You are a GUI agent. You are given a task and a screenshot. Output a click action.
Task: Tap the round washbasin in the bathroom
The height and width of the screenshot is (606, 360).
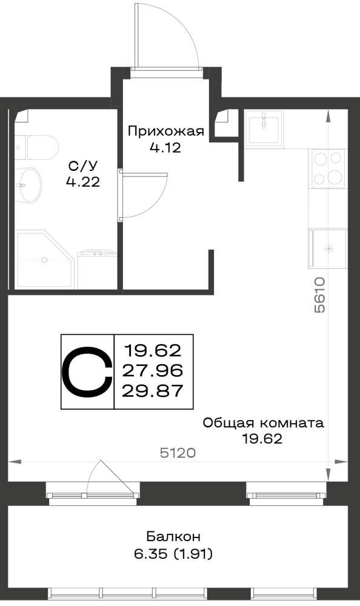[x=28, y=185]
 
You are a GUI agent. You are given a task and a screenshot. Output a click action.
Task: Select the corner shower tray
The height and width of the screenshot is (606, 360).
[x=44, y=259]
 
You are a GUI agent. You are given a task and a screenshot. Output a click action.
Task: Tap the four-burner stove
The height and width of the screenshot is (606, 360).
[x=328, y=168]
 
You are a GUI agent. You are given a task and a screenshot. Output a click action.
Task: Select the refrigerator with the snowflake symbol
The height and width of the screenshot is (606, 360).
[x=328, y=248]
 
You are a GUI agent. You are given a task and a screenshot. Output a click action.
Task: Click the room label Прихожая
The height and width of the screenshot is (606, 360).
[x=166, y=132]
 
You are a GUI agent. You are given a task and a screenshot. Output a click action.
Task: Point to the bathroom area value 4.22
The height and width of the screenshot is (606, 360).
[x=83, y=182]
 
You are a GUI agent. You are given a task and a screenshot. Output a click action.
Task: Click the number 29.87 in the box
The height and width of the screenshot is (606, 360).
[x=152, y=391]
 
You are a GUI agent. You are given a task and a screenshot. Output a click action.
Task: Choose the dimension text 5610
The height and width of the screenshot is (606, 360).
[x=320, y=295]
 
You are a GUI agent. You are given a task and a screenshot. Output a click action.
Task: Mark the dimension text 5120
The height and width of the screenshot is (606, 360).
[x=178, y=453]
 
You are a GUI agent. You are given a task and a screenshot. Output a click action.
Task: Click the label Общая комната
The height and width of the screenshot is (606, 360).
[x=263, y=423]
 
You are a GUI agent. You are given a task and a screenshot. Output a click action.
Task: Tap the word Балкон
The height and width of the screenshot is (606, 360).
[x=173, y=537]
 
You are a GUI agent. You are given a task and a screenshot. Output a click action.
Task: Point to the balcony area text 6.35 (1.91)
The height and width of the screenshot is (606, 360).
[x=173, y=554]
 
